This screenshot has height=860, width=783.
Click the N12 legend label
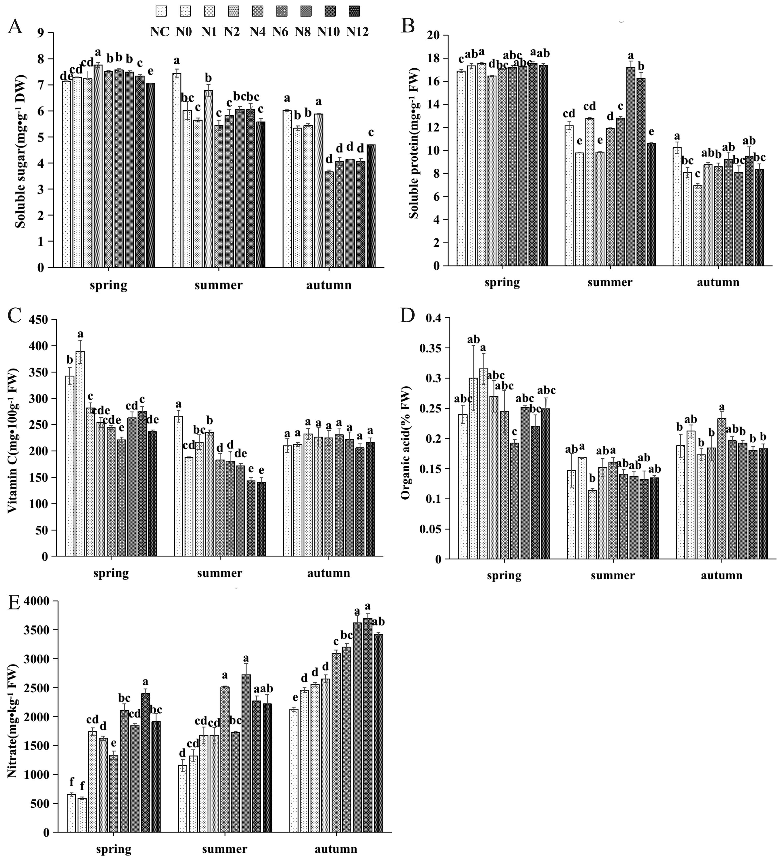[x=357, y=32]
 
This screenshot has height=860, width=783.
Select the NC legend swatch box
[x=161, y=11]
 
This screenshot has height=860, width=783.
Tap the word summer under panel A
[x=218, y=285]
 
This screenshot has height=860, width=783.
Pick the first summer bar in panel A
[x=177, y=171]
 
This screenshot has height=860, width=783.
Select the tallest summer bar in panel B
[x=631, y=166]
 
